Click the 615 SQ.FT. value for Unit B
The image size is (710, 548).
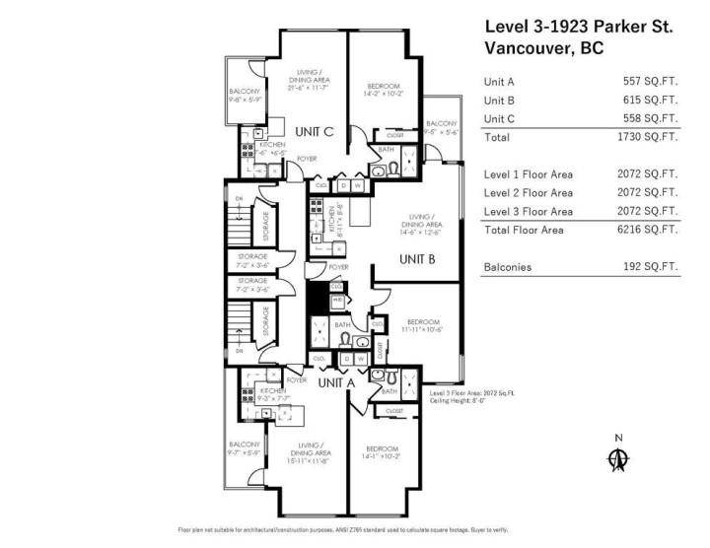(x=650, y=101)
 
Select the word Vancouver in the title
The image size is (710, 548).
(x=528, y=47)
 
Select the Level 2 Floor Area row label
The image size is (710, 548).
(x=529, y=193)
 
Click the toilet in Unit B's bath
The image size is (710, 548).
(x=346, y=340)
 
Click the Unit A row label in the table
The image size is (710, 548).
(x=499, y=82)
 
